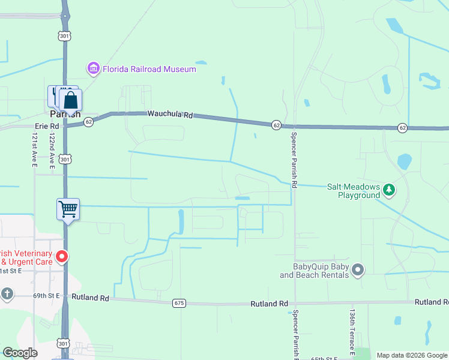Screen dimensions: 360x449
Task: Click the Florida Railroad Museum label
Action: [x=149, y=69]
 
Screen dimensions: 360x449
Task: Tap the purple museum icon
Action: [x=93, y=69]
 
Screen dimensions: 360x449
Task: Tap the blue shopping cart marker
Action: [x=68, y=209]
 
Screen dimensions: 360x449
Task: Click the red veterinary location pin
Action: [x=61, y=257]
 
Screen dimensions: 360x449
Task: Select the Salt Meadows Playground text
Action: [x=354, y=191]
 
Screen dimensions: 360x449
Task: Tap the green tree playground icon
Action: [x=390, y=190]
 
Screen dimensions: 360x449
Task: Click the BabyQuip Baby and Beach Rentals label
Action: [x=314, y=271]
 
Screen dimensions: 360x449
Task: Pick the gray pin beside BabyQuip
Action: [x=358, y=270]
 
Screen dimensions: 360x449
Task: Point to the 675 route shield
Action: [x=178, y=303]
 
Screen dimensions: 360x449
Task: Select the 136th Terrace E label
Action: [x=352, y=332]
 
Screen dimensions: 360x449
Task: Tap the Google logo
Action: [x=20, y=353]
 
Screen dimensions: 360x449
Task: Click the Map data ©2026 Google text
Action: [x=411, y=355]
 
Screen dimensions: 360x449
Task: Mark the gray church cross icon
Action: [x=7, y=294]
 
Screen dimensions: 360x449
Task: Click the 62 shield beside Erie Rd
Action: [x=88, y=121]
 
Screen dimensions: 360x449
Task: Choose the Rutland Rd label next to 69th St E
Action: [x=90, y=297]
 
